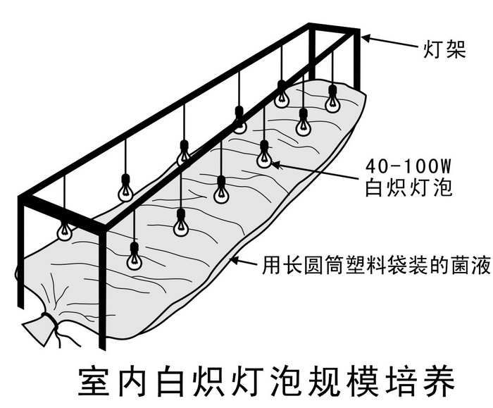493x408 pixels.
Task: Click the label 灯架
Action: pyautogui.click(x=444, y=50)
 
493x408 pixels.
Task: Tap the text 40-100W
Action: pyautogui.click(x=408, y=166)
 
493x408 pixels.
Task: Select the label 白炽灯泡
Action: pyautogui.click(x=408, y=188)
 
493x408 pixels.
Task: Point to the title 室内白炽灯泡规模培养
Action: pyautogui.click(x=267, y=381)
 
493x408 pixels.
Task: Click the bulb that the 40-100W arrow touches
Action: pyautogui.click(x=264, y=155)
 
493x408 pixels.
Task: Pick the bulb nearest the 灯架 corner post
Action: pyautogui.click(x=332, y=99)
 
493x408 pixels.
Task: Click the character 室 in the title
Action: pyautogui.click(x=94, y=381)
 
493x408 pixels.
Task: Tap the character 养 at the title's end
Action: pyautogui.click(x=439, y=381)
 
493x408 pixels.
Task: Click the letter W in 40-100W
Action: pyautogui.click(x=444, y=166)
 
